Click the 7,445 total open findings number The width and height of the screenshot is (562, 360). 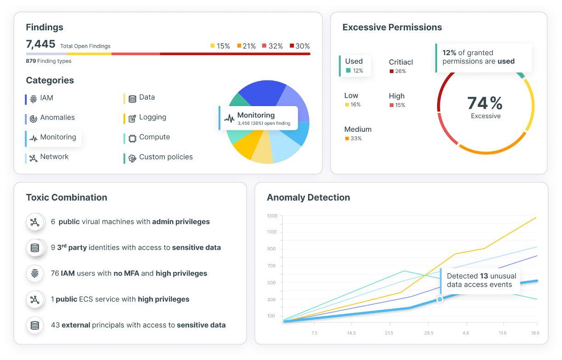[x=40, y=45]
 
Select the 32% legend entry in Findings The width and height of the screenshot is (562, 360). [x=272, y=46]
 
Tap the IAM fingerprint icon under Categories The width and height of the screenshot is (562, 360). [x=33, y=99]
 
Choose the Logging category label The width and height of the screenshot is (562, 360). [x=152, y=118]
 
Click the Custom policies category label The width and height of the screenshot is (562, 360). [x=166, y=157]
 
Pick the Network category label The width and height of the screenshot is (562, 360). [x=54, y=157]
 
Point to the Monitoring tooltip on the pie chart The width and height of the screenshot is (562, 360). [x=258, y=118]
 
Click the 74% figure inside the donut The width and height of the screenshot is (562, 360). [x=485, y=103]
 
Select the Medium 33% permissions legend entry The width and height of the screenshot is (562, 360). [x=358, y=133]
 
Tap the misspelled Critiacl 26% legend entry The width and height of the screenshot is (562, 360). [x=401, y=66]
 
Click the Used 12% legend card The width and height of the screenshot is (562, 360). [x=354, y=66]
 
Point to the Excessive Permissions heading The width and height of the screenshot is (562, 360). [x=392, y=28]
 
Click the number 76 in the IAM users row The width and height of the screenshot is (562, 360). [x=55, y=274]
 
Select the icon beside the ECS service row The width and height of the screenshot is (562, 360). [x=34, y=299]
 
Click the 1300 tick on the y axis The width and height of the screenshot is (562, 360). [x=272, y=215]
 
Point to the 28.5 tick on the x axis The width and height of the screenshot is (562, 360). [x=429, y=333]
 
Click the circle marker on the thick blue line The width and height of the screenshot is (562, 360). [x=439, y=299]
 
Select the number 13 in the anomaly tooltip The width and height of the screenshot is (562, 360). [x=484, y=276]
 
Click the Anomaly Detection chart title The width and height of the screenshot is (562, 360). [x=308, y=198]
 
